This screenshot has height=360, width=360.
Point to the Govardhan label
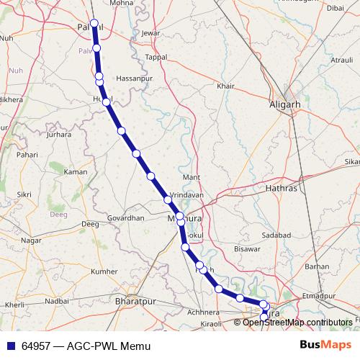click(125, 217)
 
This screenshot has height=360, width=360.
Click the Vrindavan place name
click(186, 195)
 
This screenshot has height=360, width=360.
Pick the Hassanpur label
click(135, 77)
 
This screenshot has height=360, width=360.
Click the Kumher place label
click(104, 271)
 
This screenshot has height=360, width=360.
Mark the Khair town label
click(225, 86)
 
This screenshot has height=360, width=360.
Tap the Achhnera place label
click(202, 312)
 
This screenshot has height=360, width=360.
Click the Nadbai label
click(57, 301)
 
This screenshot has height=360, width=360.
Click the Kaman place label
click(76, 172)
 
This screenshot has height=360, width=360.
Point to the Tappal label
click(156, 57)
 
